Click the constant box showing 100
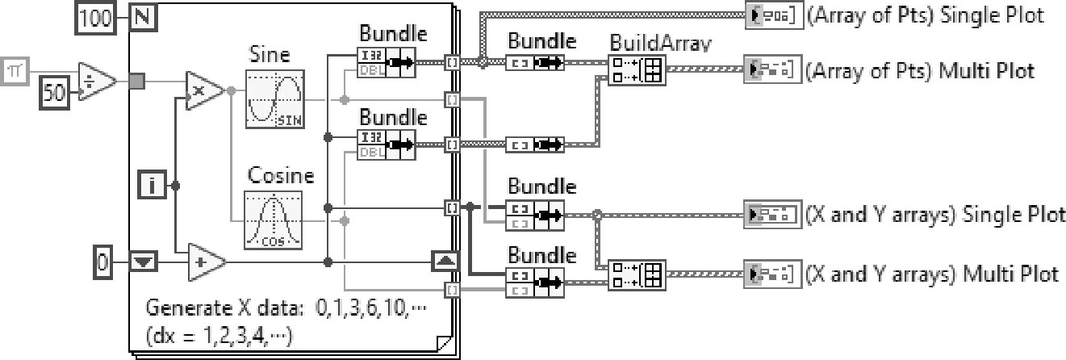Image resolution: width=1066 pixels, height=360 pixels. tap(96, 19)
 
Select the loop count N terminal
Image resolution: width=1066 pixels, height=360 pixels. tap(143, 19)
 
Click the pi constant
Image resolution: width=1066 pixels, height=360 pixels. tap(15, 72)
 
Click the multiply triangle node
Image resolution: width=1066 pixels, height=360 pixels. tap(206, 90)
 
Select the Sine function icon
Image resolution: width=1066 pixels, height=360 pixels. tap(274, 98)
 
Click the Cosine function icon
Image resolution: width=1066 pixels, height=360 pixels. tap(273, 219)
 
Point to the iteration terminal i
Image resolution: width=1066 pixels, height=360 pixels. tap(153, 187)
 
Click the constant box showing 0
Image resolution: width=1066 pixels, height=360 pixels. tap(102, 263)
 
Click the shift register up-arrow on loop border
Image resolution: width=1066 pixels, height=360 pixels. tap(446, 262)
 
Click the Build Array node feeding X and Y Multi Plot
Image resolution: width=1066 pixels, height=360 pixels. tap(638, 276)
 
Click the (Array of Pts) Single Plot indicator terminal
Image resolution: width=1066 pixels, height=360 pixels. tap(773, 15)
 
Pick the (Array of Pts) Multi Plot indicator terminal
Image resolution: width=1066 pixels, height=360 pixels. tap(773, 70)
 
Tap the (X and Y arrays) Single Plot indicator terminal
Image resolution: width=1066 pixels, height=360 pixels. tap(773, 216)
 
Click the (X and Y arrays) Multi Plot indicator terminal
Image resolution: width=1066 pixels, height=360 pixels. tap(773, 274)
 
